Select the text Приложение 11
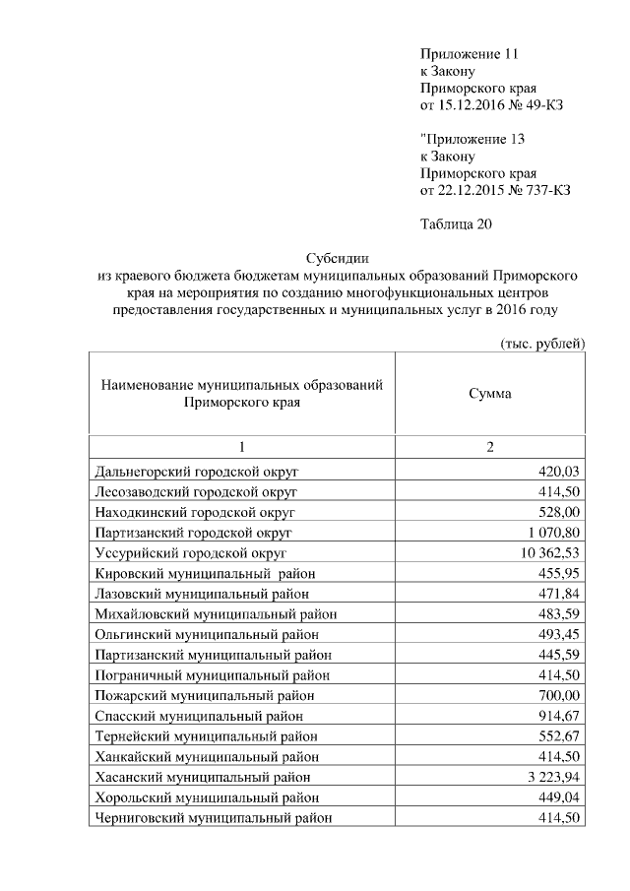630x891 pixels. pyautogui.click(x=468, y=53)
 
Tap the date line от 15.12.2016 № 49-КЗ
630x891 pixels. pyautogui.click(x=491, y=104)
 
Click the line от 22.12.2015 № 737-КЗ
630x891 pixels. pyautogui.click(x=495, y=189)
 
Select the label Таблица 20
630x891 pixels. pyautogui.click(x=455, y=223)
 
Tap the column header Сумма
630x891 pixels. pyautogui.click(x=489, y=393)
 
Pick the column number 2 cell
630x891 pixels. pyautogui.click(x=489, y=448)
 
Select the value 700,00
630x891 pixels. pyautogui.click(x=562, y=694)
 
